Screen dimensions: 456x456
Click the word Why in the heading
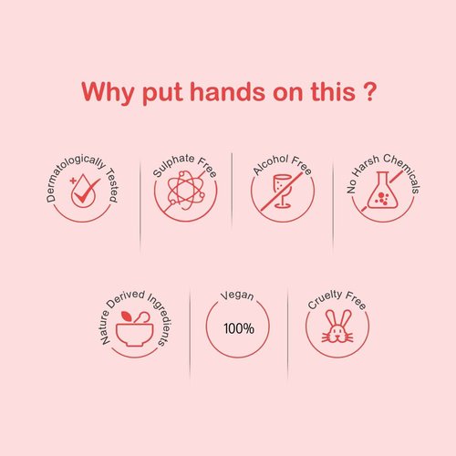108,92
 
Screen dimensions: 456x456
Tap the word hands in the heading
227,91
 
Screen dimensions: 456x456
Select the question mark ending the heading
370,91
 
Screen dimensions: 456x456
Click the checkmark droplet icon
85,191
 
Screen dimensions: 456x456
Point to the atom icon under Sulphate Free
185,191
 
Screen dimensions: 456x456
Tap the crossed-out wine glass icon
282,192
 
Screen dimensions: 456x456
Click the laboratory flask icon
382,190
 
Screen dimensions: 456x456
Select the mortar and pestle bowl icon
134,328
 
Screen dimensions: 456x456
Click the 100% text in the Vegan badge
239,328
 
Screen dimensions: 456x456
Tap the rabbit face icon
337,326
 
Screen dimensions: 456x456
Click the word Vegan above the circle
237,295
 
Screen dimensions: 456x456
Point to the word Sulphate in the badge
173,165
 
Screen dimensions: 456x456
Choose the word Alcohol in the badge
271,165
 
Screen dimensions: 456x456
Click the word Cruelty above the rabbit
325,299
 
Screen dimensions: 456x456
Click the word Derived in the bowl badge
125,298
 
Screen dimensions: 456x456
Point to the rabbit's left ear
330,317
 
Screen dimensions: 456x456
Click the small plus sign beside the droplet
73,181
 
